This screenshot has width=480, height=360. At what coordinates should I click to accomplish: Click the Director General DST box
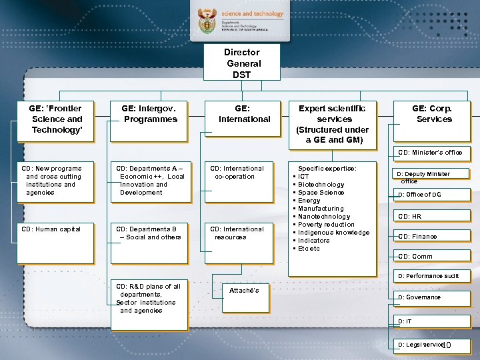(242, 63)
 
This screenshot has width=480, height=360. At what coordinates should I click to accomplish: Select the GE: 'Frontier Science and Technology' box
(56, 120)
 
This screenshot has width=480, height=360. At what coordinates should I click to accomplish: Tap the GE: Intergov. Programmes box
(149, 120)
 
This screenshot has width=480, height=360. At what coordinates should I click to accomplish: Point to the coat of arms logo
(208, 23)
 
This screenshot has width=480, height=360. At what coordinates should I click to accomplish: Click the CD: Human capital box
(56, 243)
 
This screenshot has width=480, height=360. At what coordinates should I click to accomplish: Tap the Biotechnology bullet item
(321, 185)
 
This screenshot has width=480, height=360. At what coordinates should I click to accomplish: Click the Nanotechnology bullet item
(324, 217)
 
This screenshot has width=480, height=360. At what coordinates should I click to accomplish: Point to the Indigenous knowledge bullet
(333, 233)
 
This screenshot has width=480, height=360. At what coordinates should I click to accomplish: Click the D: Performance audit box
(430, 275)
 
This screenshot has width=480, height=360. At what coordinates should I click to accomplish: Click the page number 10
(446, 345)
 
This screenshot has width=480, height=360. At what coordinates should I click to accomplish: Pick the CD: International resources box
(239, 243)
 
